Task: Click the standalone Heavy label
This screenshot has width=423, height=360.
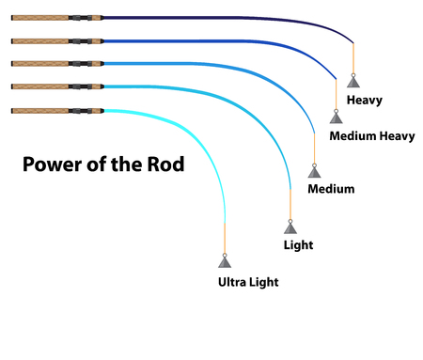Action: (x=366, y=99)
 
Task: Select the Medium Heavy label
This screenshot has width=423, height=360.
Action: (x=372, y=136)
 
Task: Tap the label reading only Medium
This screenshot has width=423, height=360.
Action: (x=331, y=189)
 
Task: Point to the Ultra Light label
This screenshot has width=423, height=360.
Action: (x=248, y=281)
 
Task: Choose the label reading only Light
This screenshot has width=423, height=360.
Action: (x=298, y=245)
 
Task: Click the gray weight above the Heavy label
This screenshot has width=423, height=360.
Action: (x=353, y=81)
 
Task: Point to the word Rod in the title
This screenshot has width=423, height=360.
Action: (x=164, y=165)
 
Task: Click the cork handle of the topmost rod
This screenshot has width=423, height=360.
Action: (x=38, y=16)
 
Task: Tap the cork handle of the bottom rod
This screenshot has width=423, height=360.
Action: (x=38, y=110)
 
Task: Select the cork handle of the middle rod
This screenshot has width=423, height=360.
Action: (x=38, y=63)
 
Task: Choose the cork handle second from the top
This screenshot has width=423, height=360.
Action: (x=38, y=39)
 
